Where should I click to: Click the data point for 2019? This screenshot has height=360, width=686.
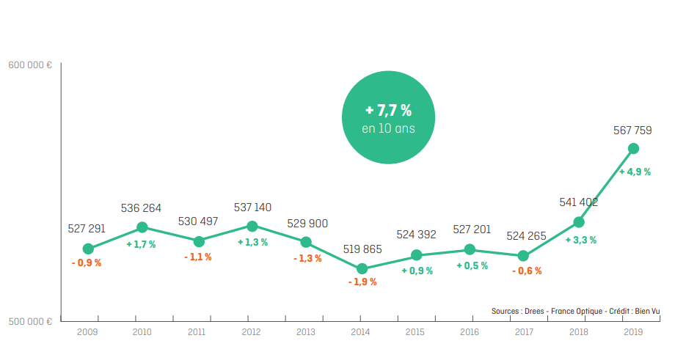pyautogui.click(x=633, y=149)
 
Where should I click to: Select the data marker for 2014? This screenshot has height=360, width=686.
pyautogui.click(x=362, y=268)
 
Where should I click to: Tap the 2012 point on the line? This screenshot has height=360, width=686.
pyautogui.click(x=252, y=226)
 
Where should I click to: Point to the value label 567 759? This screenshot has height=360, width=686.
pyautogui.click(x=632, y=131)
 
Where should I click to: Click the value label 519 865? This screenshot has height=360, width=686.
pyautogui.click(x=362, y=249)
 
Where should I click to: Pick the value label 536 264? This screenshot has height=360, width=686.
pyautogui.click(x=141, y=208)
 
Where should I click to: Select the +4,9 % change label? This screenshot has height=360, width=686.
pyautogui.click(x=635, y=172)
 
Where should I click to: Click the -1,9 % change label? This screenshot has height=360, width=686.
pyautogui.click(x=362, y=282)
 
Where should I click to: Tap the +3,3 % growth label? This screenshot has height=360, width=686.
pyautogui.click(x=580, y=240)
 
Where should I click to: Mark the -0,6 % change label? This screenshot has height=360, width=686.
pyautogui.click(x=527, y=271)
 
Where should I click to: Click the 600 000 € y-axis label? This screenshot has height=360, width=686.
pyautogui.click(x=30, y=65)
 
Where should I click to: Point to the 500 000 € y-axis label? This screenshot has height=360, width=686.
pyautogui.click(x=30, y=321)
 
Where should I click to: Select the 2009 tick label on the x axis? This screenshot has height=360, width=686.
pyautogui.click(x=87, y=332)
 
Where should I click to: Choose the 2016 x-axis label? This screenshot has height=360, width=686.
pyautogui.click(x=470, y=332)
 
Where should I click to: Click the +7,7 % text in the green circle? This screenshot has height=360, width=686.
pyautogui.click(x=389, y=110)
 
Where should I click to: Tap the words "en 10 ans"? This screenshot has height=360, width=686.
pyautogui.click(x=389, y=128)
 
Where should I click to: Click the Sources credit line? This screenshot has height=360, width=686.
pyautogui.click(x=575, y=311)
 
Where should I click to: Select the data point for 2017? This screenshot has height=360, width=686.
pyautogui.click(x=523, y=256)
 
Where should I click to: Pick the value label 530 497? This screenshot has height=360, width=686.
pyautogui.click(x=198, y=221)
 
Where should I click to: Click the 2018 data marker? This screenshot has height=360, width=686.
pyautogui.click(x=579, y=222)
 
